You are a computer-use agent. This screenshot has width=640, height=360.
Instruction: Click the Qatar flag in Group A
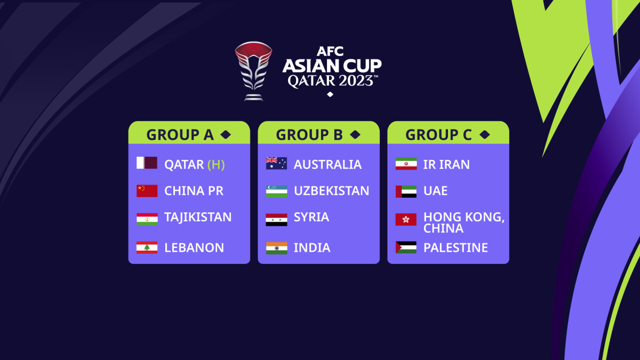click(147, 163)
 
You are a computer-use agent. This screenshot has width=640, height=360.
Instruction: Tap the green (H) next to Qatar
click(216, 165)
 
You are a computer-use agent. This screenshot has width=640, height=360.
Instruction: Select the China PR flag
click(147, 191)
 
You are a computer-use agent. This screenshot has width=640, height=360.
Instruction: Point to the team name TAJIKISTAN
click(198, 217)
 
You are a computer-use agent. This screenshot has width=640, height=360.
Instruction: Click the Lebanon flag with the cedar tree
click(147, 247)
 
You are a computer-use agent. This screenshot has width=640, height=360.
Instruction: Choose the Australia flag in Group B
click(276, 164)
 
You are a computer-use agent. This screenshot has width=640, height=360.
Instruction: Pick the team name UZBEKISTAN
click(331, 191)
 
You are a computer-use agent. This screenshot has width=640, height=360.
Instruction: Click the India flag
click(276, 248)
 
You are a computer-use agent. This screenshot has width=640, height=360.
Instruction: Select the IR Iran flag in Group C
click(406, 164)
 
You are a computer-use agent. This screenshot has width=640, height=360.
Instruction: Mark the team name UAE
click(435, 191)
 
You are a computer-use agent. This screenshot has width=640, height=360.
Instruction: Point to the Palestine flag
click(406, 247)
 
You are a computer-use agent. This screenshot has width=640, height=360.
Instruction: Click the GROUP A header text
click(180, 135)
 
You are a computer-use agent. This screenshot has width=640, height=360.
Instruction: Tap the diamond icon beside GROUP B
click(355, 135)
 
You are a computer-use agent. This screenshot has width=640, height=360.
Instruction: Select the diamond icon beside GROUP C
click(484, 135)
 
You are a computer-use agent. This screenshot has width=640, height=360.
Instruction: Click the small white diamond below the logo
click(330, 94)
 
